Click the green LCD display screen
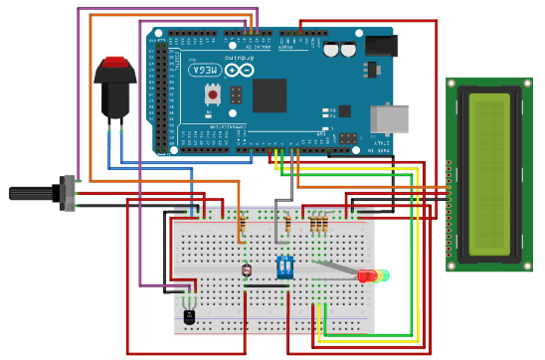(489, 175)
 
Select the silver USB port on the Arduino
(388, 119)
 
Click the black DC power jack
(381, 46)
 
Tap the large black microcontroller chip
(269, 95)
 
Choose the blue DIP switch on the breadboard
(284, 267)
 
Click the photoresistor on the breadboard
(247, 270)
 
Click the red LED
(366, 275)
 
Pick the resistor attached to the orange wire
(242, 228)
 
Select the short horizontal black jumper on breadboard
(267, 285)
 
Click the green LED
(384, 275)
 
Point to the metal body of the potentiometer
(69, 193)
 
